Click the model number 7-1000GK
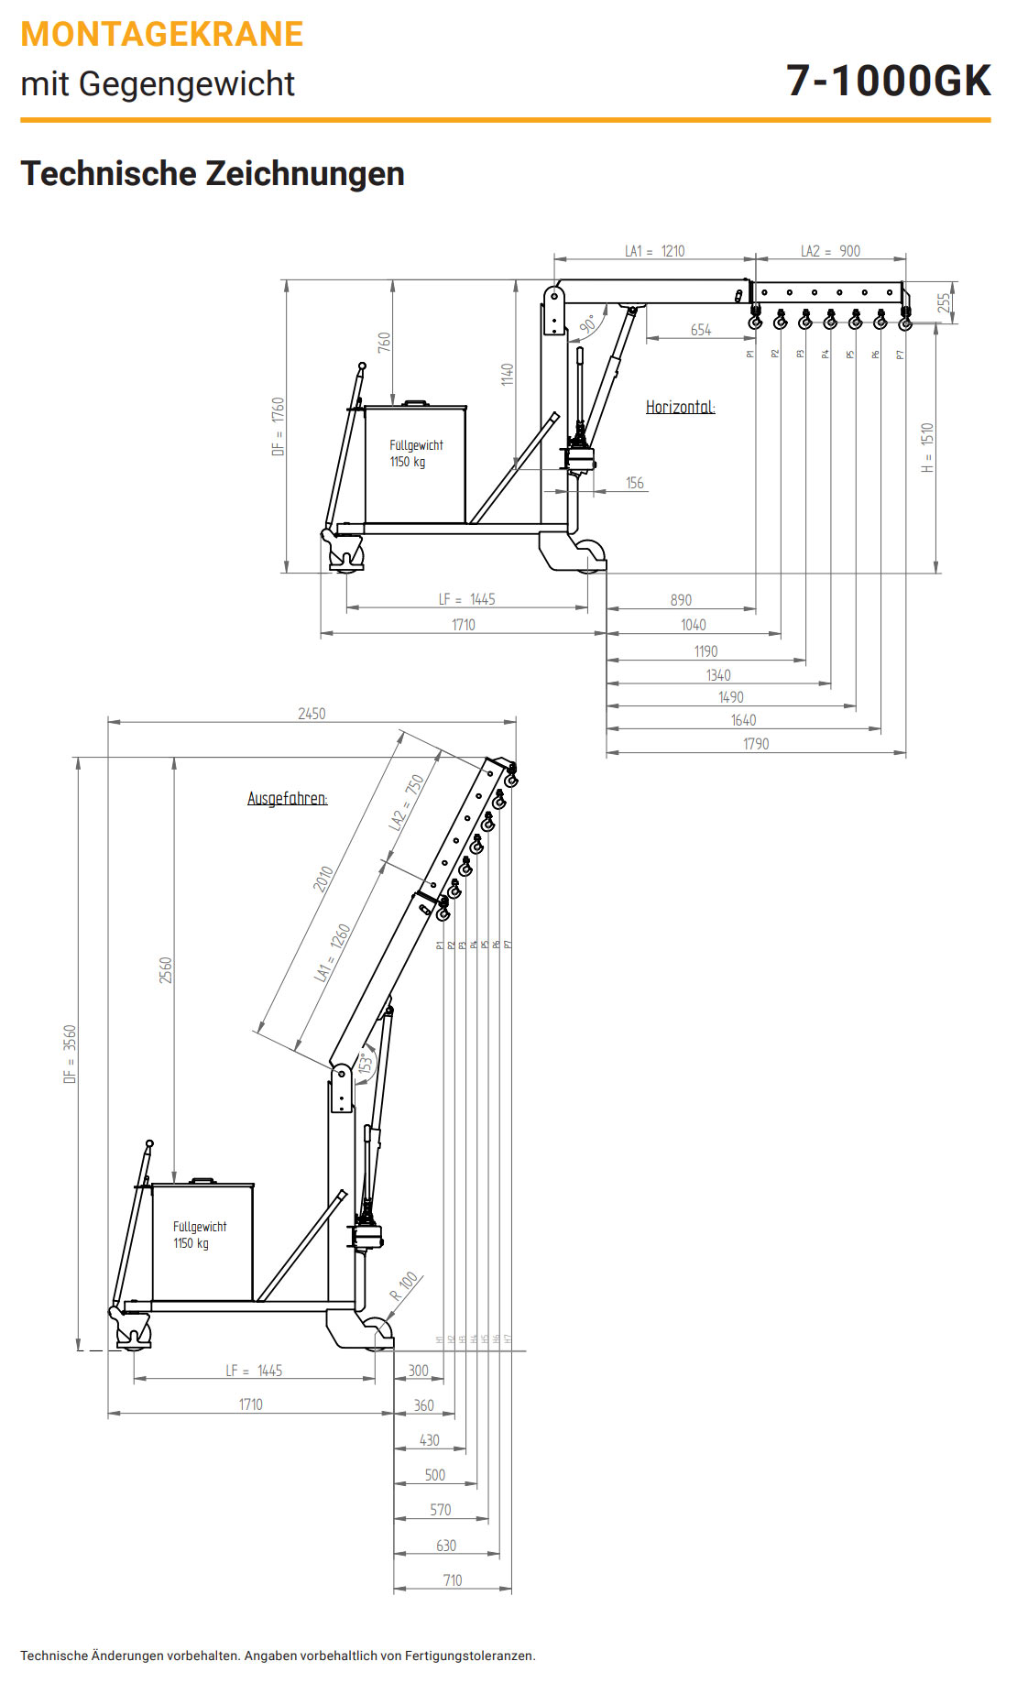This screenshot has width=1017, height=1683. click(888, 81)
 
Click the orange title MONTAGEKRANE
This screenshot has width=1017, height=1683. click(162, 34)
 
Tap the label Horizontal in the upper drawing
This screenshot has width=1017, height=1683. click(680, 407)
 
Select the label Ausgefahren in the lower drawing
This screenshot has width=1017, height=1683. click(287, 798)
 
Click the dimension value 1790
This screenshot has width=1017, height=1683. click(756, 744)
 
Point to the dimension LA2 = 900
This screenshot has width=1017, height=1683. click(830, 251)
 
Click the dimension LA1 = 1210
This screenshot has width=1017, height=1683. click(654, 251)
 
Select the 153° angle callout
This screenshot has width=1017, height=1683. click(366, 1063)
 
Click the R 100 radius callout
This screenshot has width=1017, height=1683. click(404, 1285)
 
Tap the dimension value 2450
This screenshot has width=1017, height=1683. click(312, 714)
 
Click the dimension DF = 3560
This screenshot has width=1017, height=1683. click(71, 1054)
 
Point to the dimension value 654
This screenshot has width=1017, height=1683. click(701, 330)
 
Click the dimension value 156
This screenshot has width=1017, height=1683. click(635, 483)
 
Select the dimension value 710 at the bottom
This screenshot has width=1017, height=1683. click(453, 1580)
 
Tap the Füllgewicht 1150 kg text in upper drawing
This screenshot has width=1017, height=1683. click(416, 454)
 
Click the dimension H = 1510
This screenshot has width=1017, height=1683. click(927, 447)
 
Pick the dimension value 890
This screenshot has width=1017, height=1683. click(681, 600)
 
